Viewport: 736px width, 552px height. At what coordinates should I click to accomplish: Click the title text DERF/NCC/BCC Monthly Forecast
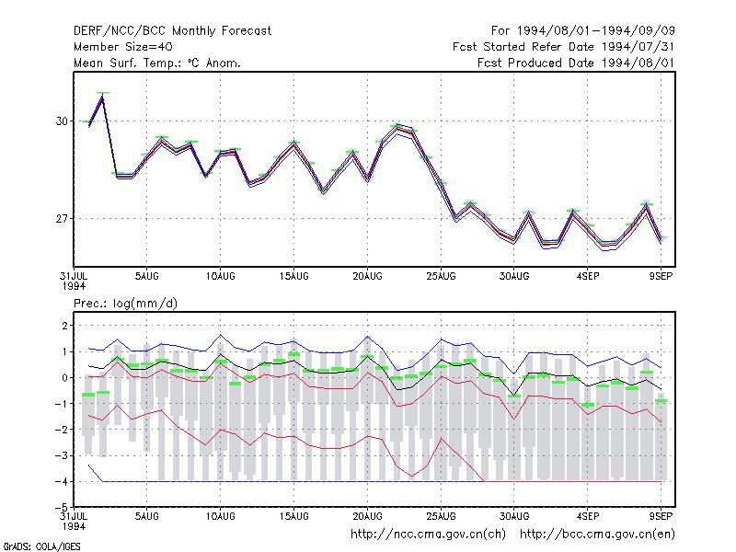(172, 31)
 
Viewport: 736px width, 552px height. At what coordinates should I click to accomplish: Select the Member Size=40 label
(123, 47)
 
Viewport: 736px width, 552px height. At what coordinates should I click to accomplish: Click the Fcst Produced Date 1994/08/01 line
(576, 63)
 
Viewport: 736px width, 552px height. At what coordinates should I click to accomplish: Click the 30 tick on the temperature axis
(62, 121)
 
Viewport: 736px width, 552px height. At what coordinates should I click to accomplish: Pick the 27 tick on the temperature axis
(62, 219)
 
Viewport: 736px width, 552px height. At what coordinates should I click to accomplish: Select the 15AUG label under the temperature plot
(293, 276)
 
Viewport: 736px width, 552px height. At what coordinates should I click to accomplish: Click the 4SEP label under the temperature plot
(588, 276)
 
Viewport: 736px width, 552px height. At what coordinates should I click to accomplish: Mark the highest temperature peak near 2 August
(102, 97)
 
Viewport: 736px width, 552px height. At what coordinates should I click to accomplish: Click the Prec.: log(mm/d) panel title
(125, 304)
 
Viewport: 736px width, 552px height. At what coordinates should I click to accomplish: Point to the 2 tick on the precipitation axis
(64, 326)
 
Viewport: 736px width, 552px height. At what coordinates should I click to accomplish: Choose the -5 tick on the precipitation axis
(62, 508)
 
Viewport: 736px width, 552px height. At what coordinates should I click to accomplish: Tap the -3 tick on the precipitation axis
(62, 455)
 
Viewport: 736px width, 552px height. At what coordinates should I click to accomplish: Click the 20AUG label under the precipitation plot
(367, 516)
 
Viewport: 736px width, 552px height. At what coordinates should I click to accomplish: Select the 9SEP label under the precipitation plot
(661, 516)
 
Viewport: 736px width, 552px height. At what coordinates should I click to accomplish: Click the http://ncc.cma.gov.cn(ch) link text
(428, 535)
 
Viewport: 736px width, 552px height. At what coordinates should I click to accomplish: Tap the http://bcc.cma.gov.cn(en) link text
(597, 535)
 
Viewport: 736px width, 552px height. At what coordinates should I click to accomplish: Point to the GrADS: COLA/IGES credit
(41, 546)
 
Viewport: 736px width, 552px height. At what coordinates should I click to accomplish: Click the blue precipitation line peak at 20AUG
(367, 337)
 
